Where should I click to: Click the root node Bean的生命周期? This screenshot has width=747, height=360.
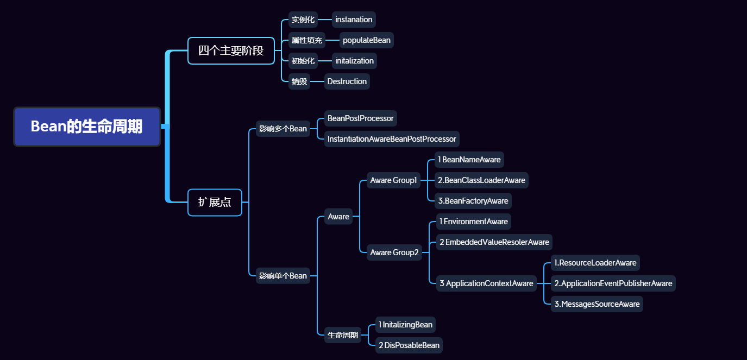[87, 127]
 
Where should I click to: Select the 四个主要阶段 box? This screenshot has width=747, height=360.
[231, 51]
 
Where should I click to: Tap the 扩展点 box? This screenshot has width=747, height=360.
[215, 203]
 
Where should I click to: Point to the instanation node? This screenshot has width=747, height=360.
[354, 20]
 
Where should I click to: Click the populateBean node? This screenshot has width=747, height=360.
[366, 40]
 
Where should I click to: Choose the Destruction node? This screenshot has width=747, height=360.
[347, 81]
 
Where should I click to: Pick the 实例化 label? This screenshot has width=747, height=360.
[303, 20]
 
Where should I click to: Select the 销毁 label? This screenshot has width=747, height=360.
[299, 81]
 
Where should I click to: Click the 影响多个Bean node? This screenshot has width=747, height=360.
[283, 129]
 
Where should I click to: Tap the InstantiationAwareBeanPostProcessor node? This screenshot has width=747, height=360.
[392, 139]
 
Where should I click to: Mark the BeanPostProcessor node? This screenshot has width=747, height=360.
[360, 118]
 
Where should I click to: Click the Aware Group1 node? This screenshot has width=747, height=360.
[394, 180]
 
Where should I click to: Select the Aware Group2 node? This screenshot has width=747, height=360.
[394, 252]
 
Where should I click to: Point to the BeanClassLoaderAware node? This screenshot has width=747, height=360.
[481, 180]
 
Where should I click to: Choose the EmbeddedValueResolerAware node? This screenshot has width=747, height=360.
[494, 242]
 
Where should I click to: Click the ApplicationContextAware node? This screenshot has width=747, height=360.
[486, 283]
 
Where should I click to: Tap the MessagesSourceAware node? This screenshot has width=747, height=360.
[597, 304]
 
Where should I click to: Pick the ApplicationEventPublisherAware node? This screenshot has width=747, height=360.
[613, 283]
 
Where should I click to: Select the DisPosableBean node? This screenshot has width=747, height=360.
[409, 345]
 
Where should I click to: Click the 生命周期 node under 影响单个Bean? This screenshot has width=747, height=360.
[343, 335]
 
